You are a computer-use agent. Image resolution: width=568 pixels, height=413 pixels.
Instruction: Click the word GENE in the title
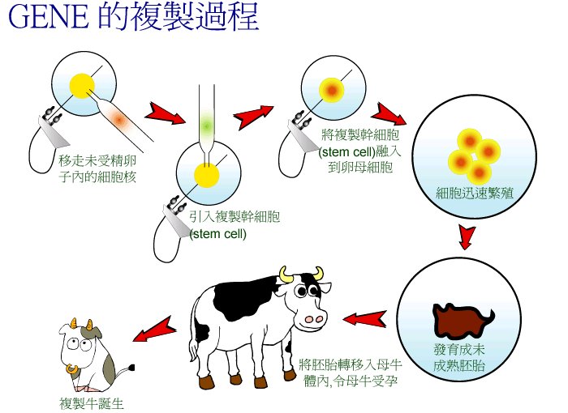point(49,16)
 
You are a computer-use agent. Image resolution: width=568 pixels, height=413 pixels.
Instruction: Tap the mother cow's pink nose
point(314,319)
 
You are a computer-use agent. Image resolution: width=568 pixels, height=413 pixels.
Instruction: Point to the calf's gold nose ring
point(72,368)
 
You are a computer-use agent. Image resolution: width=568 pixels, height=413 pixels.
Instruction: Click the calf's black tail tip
point(131,368)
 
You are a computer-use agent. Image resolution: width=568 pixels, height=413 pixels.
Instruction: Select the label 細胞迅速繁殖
point(474,193)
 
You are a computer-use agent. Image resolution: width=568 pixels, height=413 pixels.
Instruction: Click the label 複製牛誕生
point(92,403)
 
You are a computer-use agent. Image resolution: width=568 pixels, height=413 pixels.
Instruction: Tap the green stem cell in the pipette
point(207,126)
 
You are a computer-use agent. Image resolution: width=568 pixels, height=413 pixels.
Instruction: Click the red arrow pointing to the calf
point(154,330)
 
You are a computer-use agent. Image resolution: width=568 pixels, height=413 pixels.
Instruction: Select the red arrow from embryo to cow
point(364,319)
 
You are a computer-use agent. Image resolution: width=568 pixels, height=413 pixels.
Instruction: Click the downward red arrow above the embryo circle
point(467,237)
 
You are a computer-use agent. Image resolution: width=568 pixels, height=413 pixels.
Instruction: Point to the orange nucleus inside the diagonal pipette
point(119,117)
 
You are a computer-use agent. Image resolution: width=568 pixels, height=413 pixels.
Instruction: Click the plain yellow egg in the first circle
point(82,86)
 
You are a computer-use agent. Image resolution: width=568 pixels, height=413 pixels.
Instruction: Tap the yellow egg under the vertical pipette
point(207,176)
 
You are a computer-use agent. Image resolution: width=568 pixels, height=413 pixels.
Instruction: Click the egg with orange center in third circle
point(331,90)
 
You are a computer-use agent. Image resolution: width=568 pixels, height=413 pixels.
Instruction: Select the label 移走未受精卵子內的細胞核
point(98,169)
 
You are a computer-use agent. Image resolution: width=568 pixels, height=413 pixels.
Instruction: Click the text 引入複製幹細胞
point(235,217)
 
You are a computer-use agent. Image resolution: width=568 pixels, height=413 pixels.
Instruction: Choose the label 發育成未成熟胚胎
point(459,358)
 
